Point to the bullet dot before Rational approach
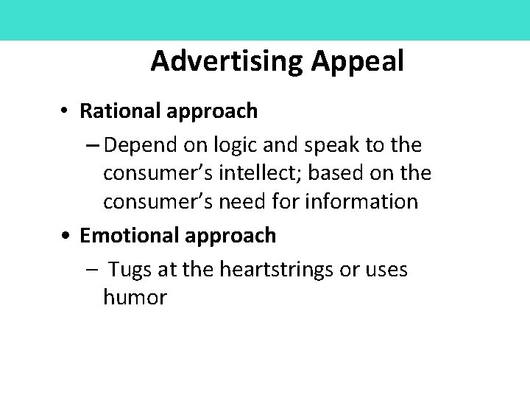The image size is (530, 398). (x=66, y=111)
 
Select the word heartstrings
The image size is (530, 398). (x=269, y=270)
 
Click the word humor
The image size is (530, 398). (x=135, y=298)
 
